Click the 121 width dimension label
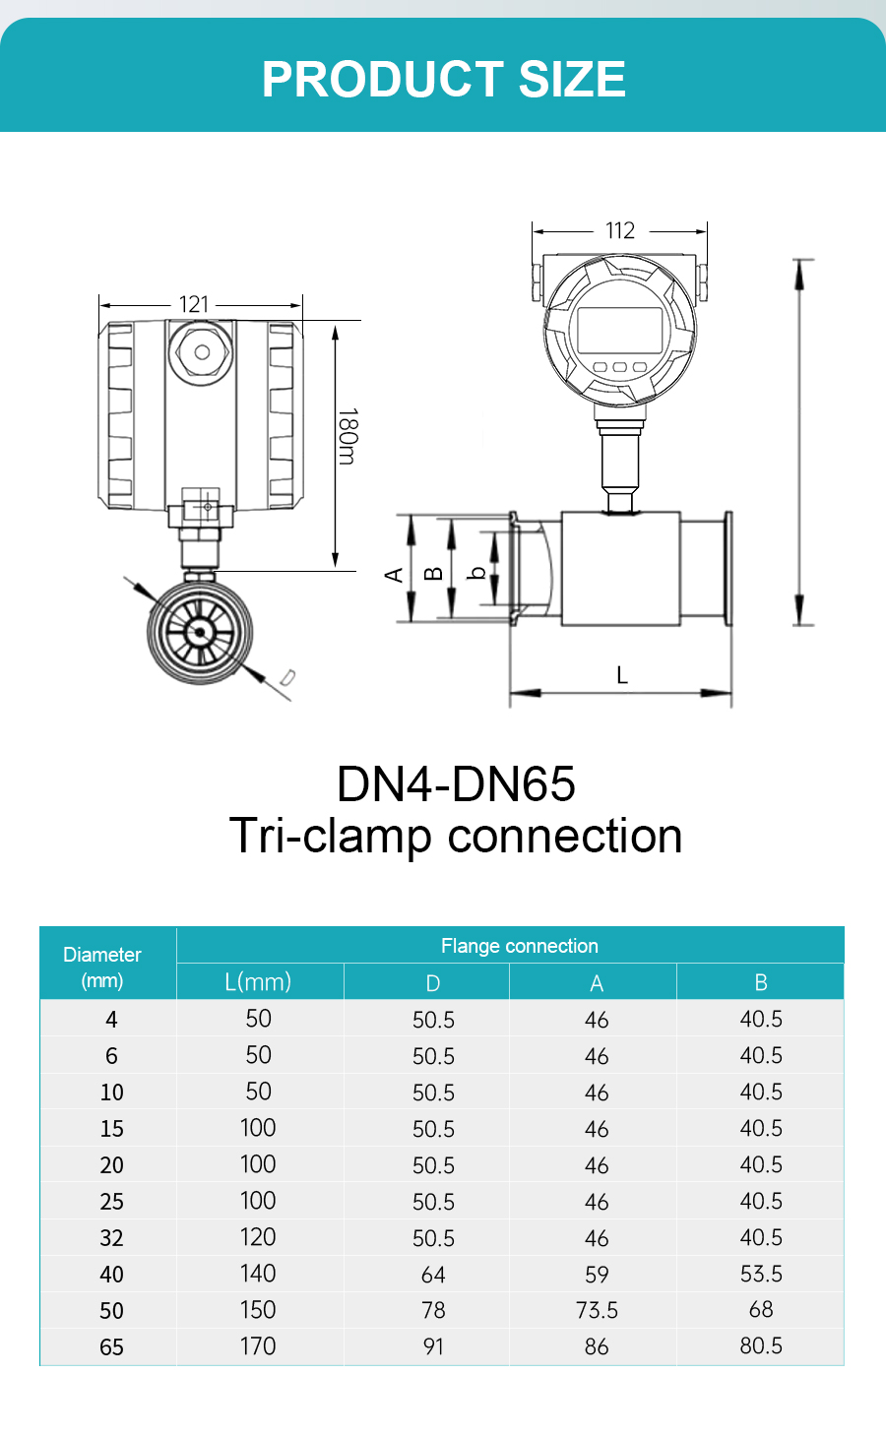(x=194, y=304)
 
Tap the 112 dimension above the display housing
(x=620, y=230)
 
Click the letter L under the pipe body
(x=621, y=675)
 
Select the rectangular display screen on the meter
(x=619, y=331)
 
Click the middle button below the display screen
(x=620, y=367)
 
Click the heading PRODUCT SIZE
(x=443, y=79)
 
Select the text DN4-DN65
(x=456, y=784)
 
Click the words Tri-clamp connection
(x=456, y=837)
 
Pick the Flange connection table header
(x=519, y=946)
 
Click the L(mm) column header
(x=258, y=981)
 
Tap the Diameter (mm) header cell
(x=102, y=967)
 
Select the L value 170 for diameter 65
(x=258, y=1345)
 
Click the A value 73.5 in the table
(x=597, y=1310)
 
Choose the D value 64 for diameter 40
(x=433, y=1275)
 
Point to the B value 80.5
(x=761, y=1345)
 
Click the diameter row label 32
(x=111, y=1238)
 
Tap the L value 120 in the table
(x=258, y=1237)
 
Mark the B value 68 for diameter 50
(x=761, y=1310)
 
